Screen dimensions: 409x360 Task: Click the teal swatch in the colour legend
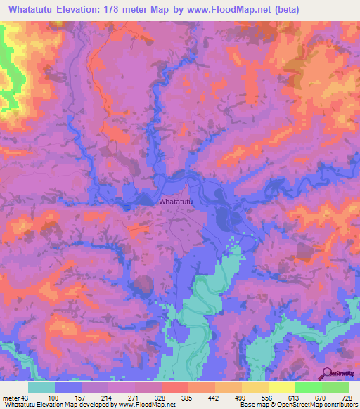[41, 387]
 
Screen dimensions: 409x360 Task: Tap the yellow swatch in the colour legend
[281, 387]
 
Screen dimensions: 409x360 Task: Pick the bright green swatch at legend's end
[335, 387]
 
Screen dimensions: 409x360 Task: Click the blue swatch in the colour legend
[68, 387]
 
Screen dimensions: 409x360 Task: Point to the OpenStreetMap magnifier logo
[328, 373]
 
